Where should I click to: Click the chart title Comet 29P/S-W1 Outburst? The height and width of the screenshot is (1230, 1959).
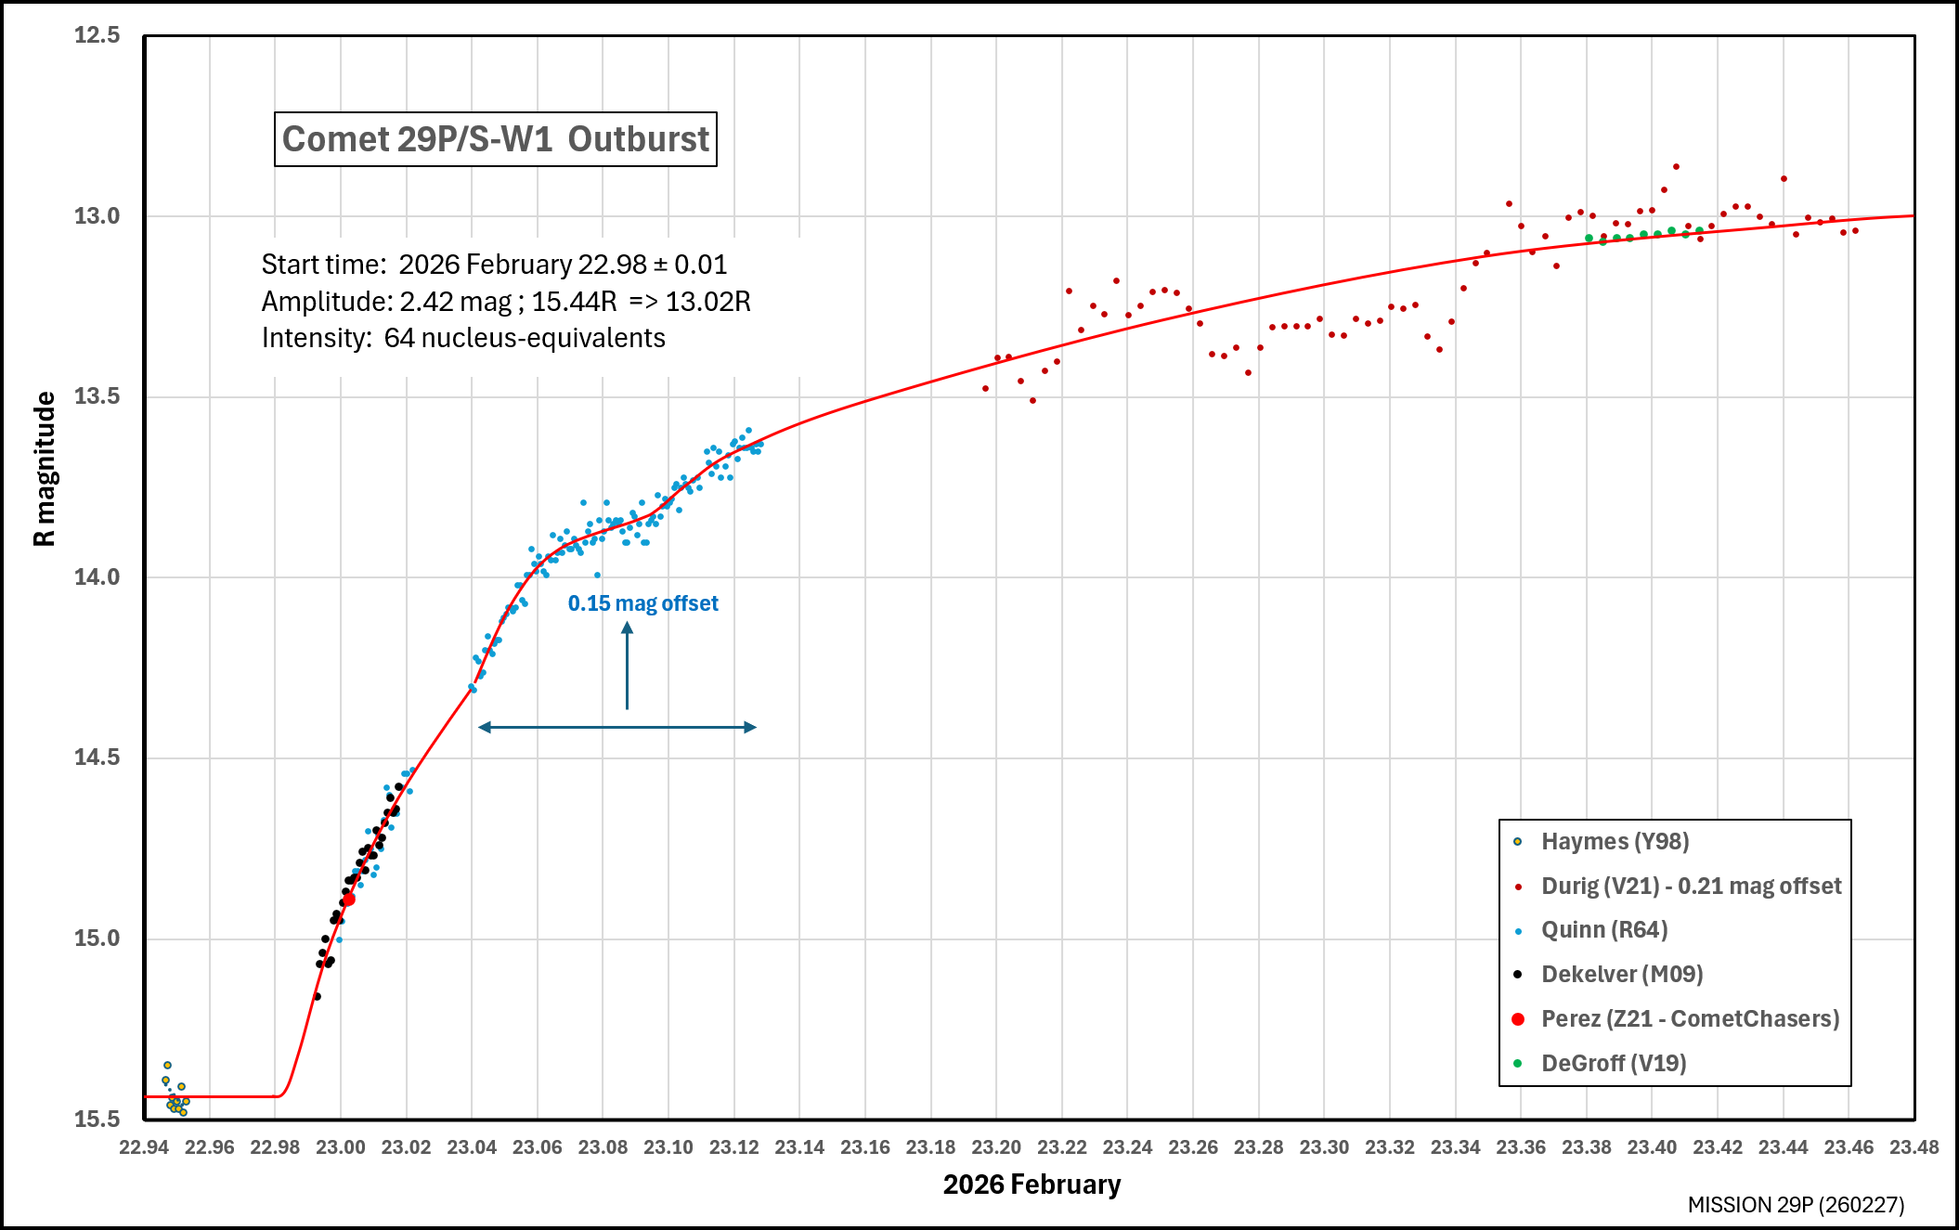click(495, 139)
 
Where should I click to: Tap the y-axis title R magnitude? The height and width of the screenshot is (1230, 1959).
click(45, 469)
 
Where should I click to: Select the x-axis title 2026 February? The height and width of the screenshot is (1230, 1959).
click(1031, 1185)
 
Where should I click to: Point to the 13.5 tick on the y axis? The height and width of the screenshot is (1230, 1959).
click(97, 396)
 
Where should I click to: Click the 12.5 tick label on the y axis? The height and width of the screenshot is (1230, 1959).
click(97, 35)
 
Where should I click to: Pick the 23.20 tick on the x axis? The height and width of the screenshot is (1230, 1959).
click(996, 1147)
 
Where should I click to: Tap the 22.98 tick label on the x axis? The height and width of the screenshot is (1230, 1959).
click(275, 1147)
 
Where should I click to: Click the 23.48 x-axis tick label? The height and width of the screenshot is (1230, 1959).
click(1914, 1147)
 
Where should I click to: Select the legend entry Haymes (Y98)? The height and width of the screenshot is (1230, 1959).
click(1615, 841)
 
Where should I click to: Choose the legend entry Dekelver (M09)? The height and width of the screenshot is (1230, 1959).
click(1621, 974)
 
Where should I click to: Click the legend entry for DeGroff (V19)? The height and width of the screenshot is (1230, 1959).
click(1614, 1063)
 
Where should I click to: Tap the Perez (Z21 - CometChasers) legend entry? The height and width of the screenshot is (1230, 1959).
click(1690, 1018)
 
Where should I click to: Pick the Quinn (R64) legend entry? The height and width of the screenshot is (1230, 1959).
click(1604, 929)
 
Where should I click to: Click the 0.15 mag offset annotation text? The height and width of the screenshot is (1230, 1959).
click(642, 603)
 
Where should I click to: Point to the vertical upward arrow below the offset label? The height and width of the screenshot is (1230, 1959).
click(628, 667)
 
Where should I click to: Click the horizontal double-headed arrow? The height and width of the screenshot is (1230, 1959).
click(617, 727)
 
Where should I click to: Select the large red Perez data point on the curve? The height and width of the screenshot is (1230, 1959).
click(349, 900)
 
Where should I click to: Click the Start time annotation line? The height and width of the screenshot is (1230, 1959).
click(494, 265)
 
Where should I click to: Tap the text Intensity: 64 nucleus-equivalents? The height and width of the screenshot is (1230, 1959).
click(463, 338)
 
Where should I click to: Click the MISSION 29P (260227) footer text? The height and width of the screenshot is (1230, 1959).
click(1796, 1205)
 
